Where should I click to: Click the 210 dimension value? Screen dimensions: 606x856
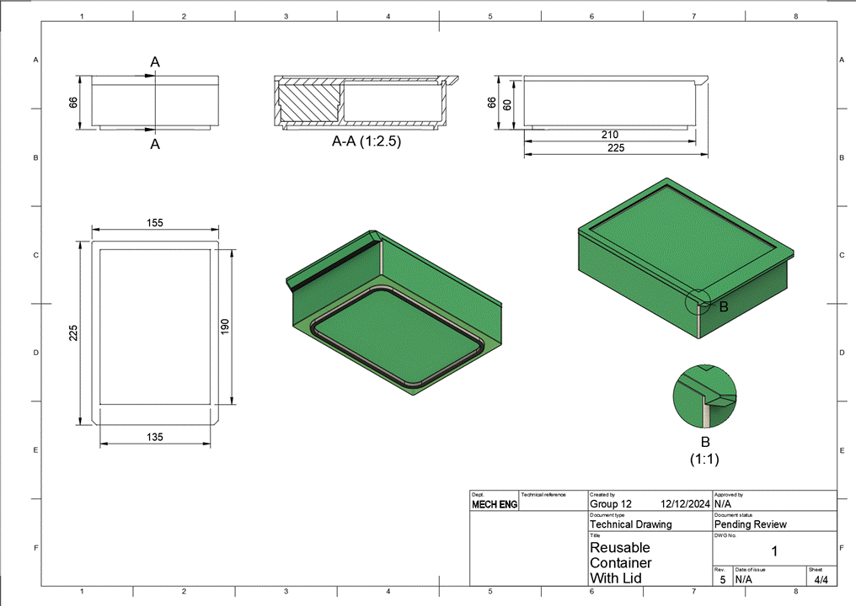pyautogui.click(x=609, y=135)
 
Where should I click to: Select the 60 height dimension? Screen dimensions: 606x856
pyautogui.click(x=507, y=104)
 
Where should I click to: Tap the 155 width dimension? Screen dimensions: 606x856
pyautogui.click(x=154, y=223)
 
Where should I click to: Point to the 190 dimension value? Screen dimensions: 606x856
pyautogui.click(x=225, y=327)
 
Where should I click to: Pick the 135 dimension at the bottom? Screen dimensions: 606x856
pyautogui.click(x=154, y=437)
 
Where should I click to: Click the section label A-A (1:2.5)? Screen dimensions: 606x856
pyautogui.click(x=366, y=142)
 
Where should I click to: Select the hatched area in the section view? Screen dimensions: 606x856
pyautogui.click(x=309, y=104)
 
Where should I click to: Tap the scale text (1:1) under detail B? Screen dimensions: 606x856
pyautogui.click(x=704, y=460)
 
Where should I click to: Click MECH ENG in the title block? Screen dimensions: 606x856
pyautogui.click(x=495, y=505)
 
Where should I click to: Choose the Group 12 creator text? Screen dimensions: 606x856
pyautogui.click(x=610, y=504)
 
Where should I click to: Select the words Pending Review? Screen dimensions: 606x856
pyautogui.click(x=750, y=524)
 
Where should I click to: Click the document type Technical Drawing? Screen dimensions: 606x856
pyautogui.click(x=631, y=524)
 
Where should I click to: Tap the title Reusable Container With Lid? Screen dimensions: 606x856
pyautogui.click(x=621, y=562)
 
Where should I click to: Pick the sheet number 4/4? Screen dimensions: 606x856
pyautogui.click(x=821, y=579)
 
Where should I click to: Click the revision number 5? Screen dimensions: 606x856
pyautogui.click(x=722, y=580)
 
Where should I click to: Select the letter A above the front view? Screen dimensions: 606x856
pyautogui.click(x=155, y=61)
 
